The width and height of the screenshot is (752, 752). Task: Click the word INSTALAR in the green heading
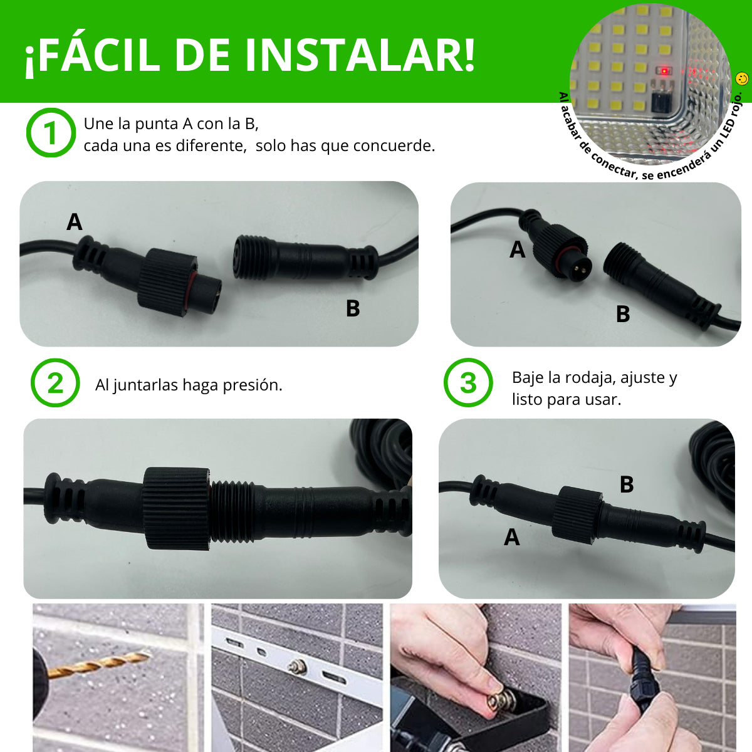pyautogui.click(x=360, y=55)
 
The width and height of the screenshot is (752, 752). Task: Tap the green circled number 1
pyautogui.click(x=51, y=133)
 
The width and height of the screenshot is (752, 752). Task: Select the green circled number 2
pyautogui.click(x=55, y=383)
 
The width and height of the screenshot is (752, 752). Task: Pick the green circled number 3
pyautogui.click(x=468, y=383)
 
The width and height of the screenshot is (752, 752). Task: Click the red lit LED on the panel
pyautogui.click(x=663, y=71)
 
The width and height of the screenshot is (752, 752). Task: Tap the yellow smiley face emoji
pyautogui.click(x=741, y=79)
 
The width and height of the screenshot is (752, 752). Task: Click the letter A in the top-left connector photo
pyautogui.click(x=74, y=222)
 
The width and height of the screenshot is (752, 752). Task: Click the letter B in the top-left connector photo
pyautogui.click(x=353, y=308)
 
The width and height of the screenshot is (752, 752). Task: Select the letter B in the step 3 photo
pyautogui.click(x=626, y=484)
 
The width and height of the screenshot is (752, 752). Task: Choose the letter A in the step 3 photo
pyautogui.click(x=511, y=537)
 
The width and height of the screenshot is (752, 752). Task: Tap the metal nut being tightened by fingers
pyautogui.click(x=498, y=701)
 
